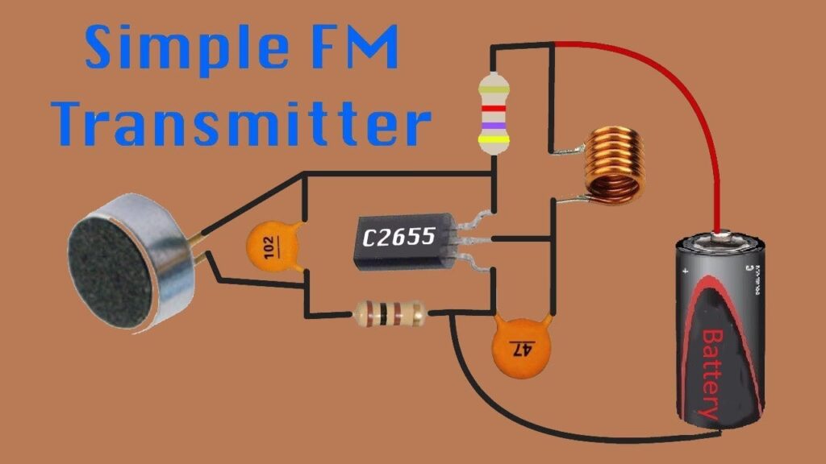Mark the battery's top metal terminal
point(720,236)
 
